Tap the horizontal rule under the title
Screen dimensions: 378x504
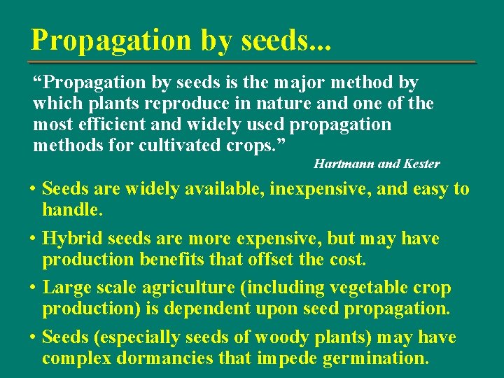pos(252,62)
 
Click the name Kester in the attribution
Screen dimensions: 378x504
pos(420,164)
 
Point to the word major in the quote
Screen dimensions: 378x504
pos(286,83)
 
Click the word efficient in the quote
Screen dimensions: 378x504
pos(104,125)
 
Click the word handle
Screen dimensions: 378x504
pos(72,209)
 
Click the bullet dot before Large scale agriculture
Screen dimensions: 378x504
pos(33,288)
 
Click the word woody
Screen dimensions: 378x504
pos(277,337)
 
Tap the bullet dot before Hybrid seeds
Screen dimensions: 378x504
pos(33,239)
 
